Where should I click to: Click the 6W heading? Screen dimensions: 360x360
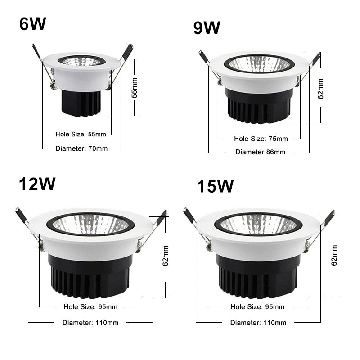tap(33, 24)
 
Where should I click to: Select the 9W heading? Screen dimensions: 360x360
tap(207, 28)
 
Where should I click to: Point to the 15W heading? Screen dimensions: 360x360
tap(215, 186)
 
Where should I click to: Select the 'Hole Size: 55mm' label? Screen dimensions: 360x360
tap(81, 134)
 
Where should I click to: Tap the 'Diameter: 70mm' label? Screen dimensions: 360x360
tap(81, 148)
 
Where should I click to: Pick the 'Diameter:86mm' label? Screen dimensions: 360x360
tap(260, 152)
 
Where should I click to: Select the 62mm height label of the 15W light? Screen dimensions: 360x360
tap(333, 256)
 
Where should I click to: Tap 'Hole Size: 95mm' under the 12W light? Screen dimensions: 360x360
tap(90, 307)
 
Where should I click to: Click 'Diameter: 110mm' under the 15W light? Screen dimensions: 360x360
tap(258, 322)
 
